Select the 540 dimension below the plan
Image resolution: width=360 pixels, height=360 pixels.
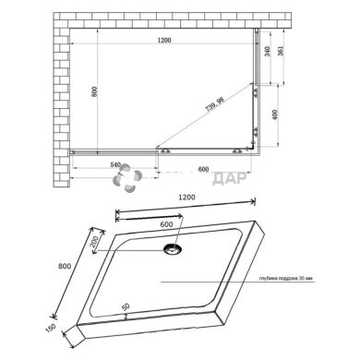(x=115, y=166)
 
